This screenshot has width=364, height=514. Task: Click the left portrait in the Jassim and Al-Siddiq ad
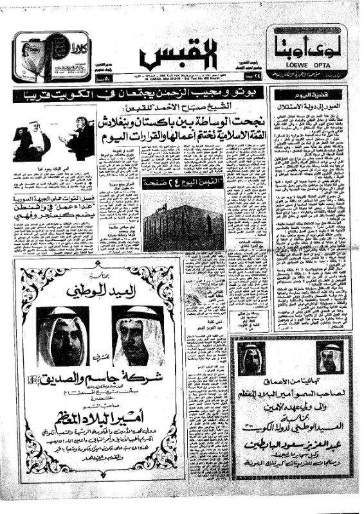coord(62,335)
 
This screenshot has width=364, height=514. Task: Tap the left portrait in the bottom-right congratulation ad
coord(251,357)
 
